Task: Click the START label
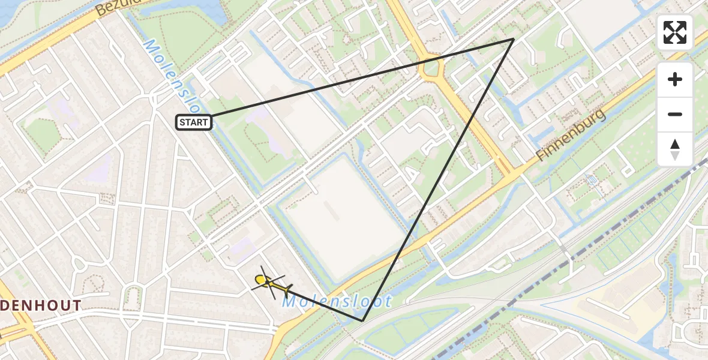click(193, 123)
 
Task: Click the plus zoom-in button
click(675, 79)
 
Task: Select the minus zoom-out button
click(675, 115)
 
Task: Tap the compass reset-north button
click(675, 149)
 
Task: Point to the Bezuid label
click(118, 8)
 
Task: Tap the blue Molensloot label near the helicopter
click(337, 301)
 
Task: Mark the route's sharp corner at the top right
click(513, 40)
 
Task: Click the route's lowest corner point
click(362, 321)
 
